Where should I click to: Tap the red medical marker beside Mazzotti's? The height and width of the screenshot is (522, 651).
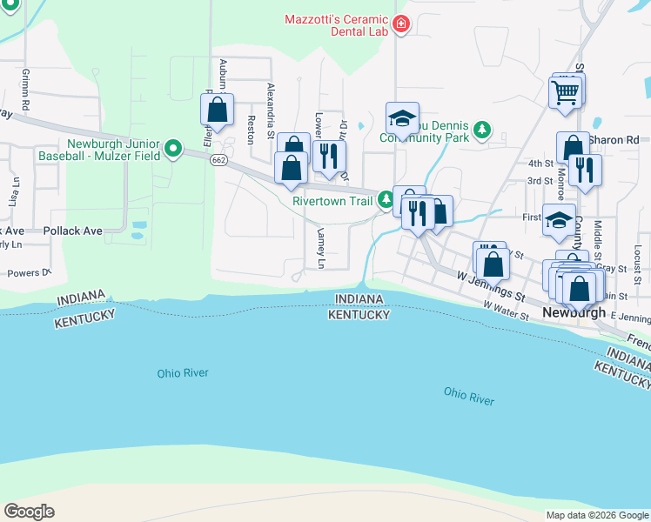point(401,23)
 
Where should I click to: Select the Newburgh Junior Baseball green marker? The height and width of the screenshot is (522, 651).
point(173,151)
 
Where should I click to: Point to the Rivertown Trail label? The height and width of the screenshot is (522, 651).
point(332,201)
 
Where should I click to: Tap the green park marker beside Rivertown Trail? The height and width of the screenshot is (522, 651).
point(386,201)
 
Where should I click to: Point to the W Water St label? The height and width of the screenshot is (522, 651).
point(507,311)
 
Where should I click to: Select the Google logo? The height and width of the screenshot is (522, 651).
point(29,512)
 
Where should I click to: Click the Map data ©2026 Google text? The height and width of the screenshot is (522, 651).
point(596,515)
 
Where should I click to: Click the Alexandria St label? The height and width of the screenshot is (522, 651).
point(271,110)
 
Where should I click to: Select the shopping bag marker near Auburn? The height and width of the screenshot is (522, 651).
point(218,110)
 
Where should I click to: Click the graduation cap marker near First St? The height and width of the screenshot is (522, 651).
point(558,221)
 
